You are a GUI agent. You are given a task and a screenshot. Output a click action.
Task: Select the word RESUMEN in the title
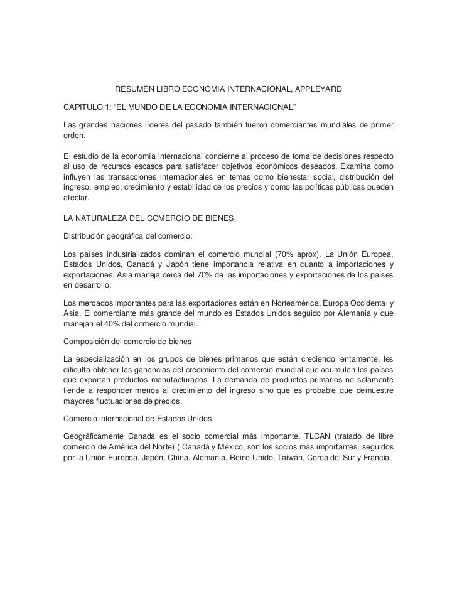coord(132,90)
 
